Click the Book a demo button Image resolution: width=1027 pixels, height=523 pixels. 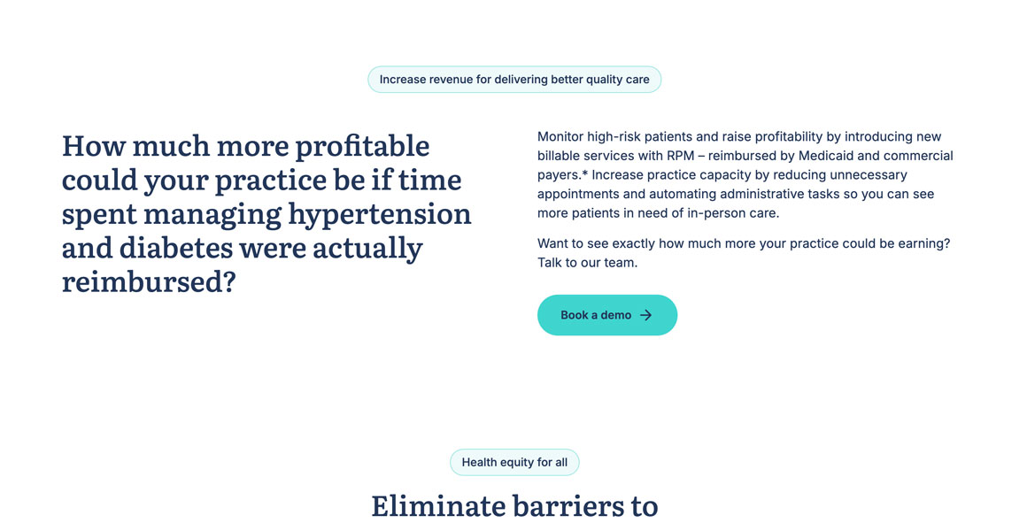tap(607, 315)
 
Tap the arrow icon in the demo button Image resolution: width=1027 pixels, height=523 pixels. tap(645, 315)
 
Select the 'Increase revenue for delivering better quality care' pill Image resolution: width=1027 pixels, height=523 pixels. tap(514, 80)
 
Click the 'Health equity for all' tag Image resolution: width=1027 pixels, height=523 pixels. tap(514, 462)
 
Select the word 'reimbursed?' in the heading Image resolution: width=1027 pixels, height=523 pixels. tap(149, 282)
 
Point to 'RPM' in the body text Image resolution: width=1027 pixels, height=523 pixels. tap(681, 156)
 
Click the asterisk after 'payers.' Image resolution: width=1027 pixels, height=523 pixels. tap(584, 173)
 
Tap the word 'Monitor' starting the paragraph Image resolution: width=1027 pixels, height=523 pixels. tap(560, 137)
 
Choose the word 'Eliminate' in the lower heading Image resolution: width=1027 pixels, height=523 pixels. tap(437, 506)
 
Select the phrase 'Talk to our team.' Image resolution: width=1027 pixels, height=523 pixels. tap(588, 263)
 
